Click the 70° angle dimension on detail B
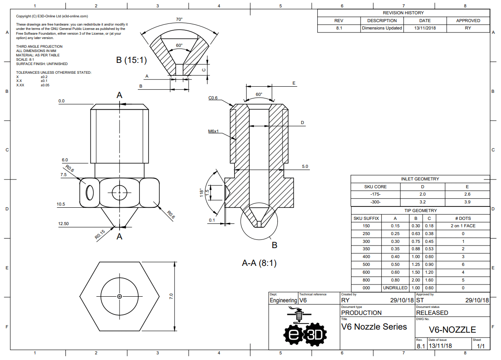(x=179, y=20)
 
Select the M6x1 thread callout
(x=213, y=131)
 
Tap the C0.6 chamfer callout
(x=213, y=98)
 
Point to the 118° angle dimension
(x=202, y=192)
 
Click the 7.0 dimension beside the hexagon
(x=171, y=296)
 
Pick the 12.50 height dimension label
(x=63, y=224)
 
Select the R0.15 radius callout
(x=100, y=235)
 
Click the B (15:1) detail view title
(x=131, y=60)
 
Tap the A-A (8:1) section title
(x=259, y=263)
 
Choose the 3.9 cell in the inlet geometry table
(x=467, y=202)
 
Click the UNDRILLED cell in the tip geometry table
(x=395, y=288)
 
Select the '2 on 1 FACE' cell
(x=463, y=226)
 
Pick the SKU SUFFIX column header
(x=366, y=218)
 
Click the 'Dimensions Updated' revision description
(x=382, y=28)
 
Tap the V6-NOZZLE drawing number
(x=452, y=330)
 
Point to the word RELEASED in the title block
(x=432, y=313)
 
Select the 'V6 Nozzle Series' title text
(x=374, y=327)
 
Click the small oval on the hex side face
(x=90, y=193)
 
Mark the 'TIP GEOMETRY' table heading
(x=420, y=211)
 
